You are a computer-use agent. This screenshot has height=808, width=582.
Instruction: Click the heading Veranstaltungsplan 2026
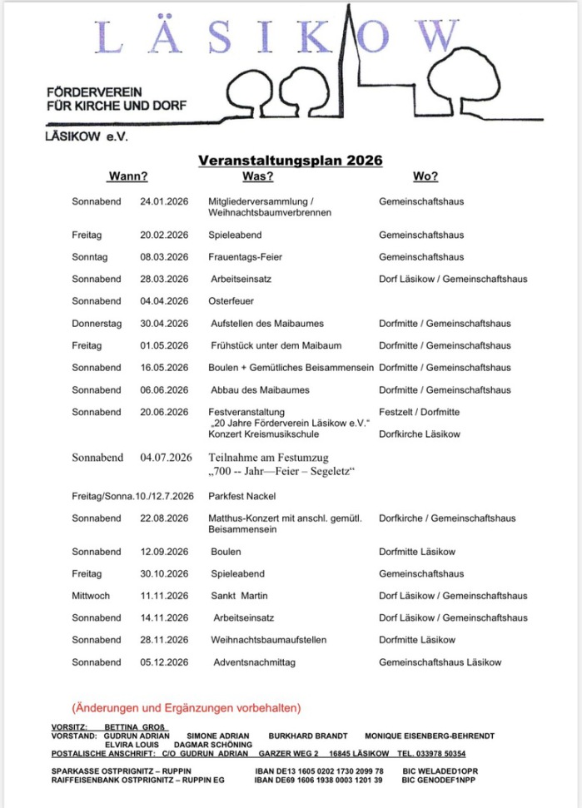(x=290, y=161)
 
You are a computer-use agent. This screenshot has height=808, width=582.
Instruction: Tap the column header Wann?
(x=128, y=176)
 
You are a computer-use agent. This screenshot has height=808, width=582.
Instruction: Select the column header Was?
(x=257, y=176)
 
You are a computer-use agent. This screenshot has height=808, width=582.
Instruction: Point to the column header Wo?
(x=425, y=176)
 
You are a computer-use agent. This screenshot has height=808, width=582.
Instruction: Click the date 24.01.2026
(x=165, y=201)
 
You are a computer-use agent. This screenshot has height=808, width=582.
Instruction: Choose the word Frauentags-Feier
(x=245, y=257)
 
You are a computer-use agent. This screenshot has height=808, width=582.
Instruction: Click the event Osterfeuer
(x=231, y=301)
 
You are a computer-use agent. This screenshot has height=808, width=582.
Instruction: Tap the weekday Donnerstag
(x=97, y=324)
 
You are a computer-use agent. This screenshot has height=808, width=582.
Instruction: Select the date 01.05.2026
(x=165, y=345)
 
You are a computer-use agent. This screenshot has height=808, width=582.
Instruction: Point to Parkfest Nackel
(x=241, y=497)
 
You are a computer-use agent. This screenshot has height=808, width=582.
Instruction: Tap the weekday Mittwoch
(x=92, y=596)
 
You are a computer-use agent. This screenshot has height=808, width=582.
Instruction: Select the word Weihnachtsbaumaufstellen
(x=268, y=640)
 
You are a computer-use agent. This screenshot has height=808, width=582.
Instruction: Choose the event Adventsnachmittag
(x=255, y=662)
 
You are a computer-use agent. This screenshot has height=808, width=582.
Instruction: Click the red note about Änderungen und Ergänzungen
(x=187, y=708)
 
